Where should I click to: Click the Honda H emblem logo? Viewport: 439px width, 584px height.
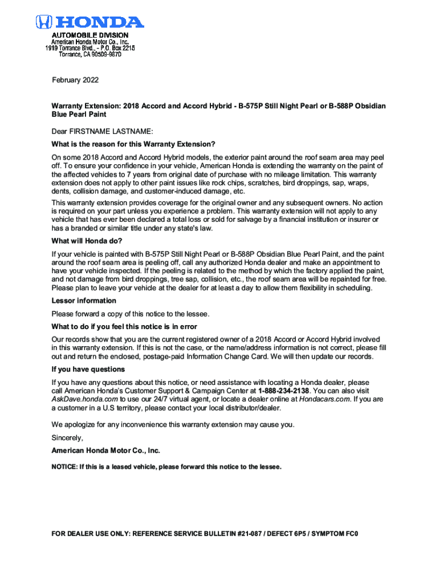[44, 22]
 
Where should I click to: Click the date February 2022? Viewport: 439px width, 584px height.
[75, 80]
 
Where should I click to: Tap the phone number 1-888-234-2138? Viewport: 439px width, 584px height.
[284, 391]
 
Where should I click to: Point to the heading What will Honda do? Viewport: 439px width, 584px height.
[87, 241]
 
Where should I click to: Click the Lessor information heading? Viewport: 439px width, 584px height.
[84, 301]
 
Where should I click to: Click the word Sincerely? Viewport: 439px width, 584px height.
[67, 438]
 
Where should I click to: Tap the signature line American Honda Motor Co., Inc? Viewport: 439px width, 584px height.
[106, 451]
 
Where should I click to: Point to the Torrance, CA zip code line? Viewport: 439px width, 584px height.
[91, 55]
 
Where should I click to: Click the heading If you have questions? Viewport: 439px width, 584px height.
[88, 369]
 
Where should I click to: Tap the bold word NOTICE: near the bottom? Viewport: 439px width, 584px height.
[64, 467]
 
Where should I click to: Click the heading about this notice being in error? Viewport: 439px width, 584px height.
[124, 326]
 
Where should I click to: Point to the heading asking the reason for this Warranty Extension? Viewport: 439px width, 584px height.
[133, 144]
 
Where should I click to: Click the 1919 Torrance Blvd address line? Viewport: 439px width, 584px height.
[90, 48]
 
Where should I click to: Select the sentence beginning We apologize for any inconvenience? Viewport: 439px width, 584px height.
[173, 424]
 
